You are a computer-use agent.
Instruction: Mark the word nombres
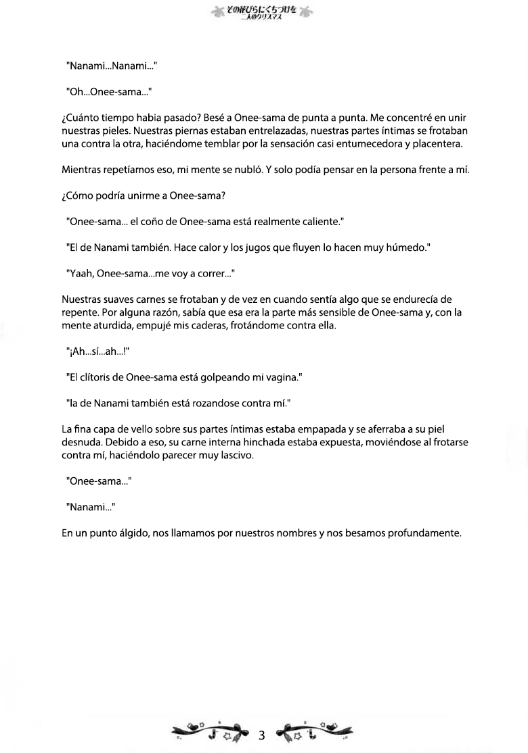point(295,533)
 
